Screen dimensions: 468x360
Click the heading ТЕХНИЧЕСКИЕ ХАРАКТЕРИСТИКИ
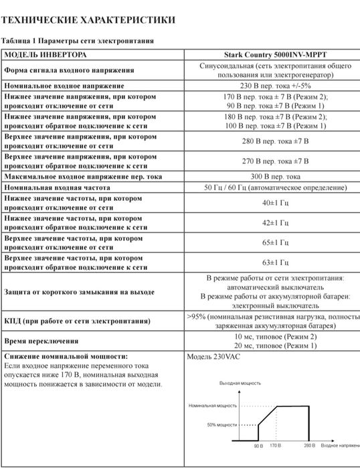[x=89, y=20]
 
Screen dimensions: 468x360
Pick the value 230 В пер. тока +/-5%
[x=274, y=86]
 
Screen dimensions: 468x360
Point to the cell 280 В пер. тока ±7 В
[x=274, y=141]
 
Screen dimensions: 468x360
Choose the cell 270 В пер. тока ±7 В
[x=274, y=161]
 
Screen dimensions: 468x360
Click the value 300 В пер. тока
[x=274, y=177]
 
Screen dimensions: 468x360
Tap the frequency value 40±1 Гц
[x=274, y=202]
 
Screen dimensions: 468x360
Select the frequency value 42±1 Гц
[x=274, y=222]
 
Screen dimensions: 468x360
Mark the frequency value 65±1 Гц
[x=274, y=242]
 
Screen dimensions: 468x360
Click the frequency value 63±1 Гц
[x=274, y=262]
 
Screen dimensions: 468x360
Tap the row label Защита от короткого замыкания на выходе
[x=79, y=292]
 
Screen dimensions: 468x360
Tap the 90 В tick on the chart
[x=258, y=445]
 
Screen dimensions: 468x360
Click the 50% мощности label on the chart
[x=221, y=424]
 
